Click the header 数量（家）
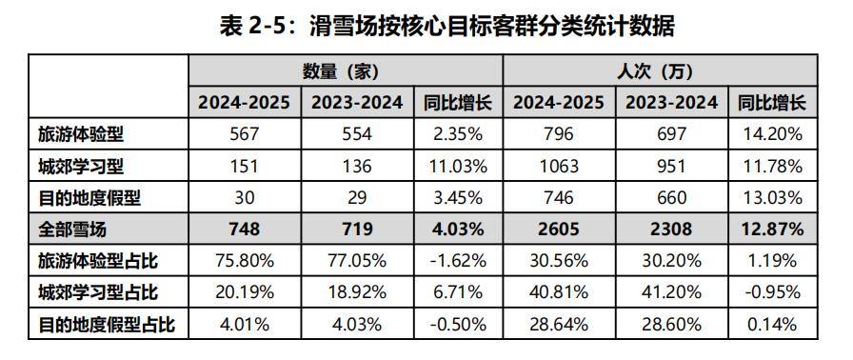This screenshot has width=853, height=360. point(345,71)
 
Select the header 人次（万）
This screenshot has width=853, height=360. point(658,71)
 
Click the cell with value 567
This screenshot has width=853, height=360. point(245,134)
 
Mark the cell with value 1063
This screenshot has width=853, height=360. point(558,166)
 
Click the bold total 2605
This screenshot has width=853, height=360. point(558,229)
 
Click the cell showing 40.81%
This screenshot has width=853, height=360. point(558,292)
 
